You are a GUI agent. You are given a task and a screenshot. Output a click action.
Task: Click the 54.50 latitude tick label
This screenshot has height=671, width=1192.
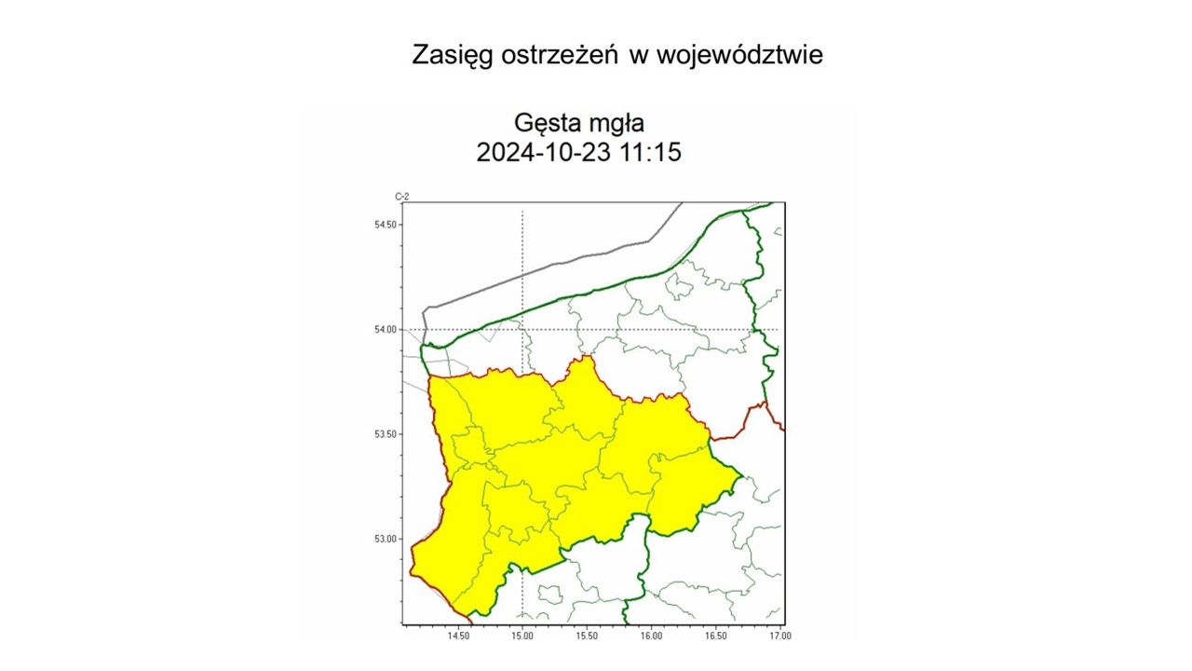tap(386, 225)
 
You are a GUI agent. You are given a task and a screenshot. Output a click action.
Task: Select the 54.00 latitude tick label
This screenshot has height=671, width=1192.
tap(386, 329)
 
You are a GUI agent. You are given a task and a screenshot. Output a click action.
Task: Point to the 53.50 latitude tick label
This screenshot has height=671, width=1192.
tap(386, 434)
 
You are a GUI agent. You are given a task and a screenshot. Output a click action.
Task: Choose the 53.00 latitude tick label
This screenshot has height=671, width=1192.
tap(386, 539)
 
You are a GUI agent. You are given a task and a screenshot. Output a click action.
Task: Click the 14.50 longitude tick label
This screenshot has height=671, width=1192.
tap(458, 636)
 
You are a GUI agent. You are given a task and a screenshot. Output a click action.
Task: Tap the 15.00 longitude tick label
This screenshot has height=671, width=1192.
tap(522, 636)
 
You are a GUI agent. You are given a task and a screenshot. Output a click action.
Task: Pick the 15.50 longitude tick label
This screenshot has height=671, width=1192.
tap(587, 636)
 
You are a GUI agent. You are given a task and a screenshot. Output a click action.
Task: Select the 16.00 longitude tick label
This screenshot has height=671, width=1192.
tap(651, 636)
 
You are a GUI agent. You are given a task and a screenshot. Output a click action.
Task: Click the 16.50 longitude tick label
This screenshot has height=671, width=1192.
tap(715, 636)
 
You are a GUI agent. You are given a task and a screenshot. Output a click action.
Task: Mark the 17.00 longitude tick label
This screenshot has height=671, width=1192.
tap(779, 636)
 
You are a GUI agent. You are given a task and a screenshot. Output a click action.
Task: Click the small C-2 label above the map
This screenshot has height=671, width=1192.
tap(401, 197)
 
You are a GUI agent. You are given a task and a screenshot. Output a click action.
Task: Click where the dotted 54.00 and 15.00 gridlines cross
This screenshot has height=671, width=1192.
tap(522, 329)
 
